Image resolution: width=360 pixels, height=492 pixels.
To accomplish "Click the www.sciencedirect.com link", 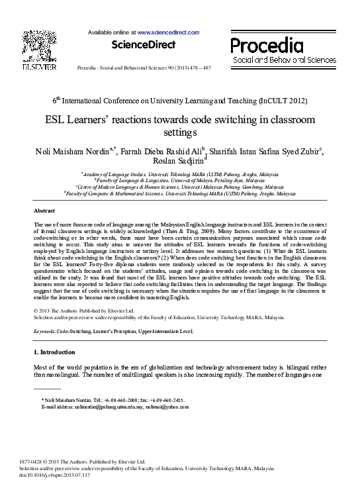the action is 168,32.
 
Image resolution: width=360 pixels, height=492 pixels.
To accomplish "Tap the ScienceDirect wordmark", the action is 144,45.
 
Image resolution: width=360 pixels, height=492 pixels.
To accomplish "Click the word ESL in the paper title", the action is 59,120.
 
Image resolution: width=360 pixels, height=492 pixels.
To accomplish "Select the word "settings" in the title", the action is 180,132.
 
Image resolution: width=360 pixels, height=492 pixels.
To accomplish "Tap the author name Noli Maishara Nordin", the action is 73,151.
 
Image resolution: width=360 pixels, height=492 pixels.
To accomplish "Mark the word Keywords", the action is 44,330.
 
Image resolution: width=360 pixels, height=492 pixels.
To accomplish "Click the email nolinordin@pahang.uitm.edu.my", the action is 103,407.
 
